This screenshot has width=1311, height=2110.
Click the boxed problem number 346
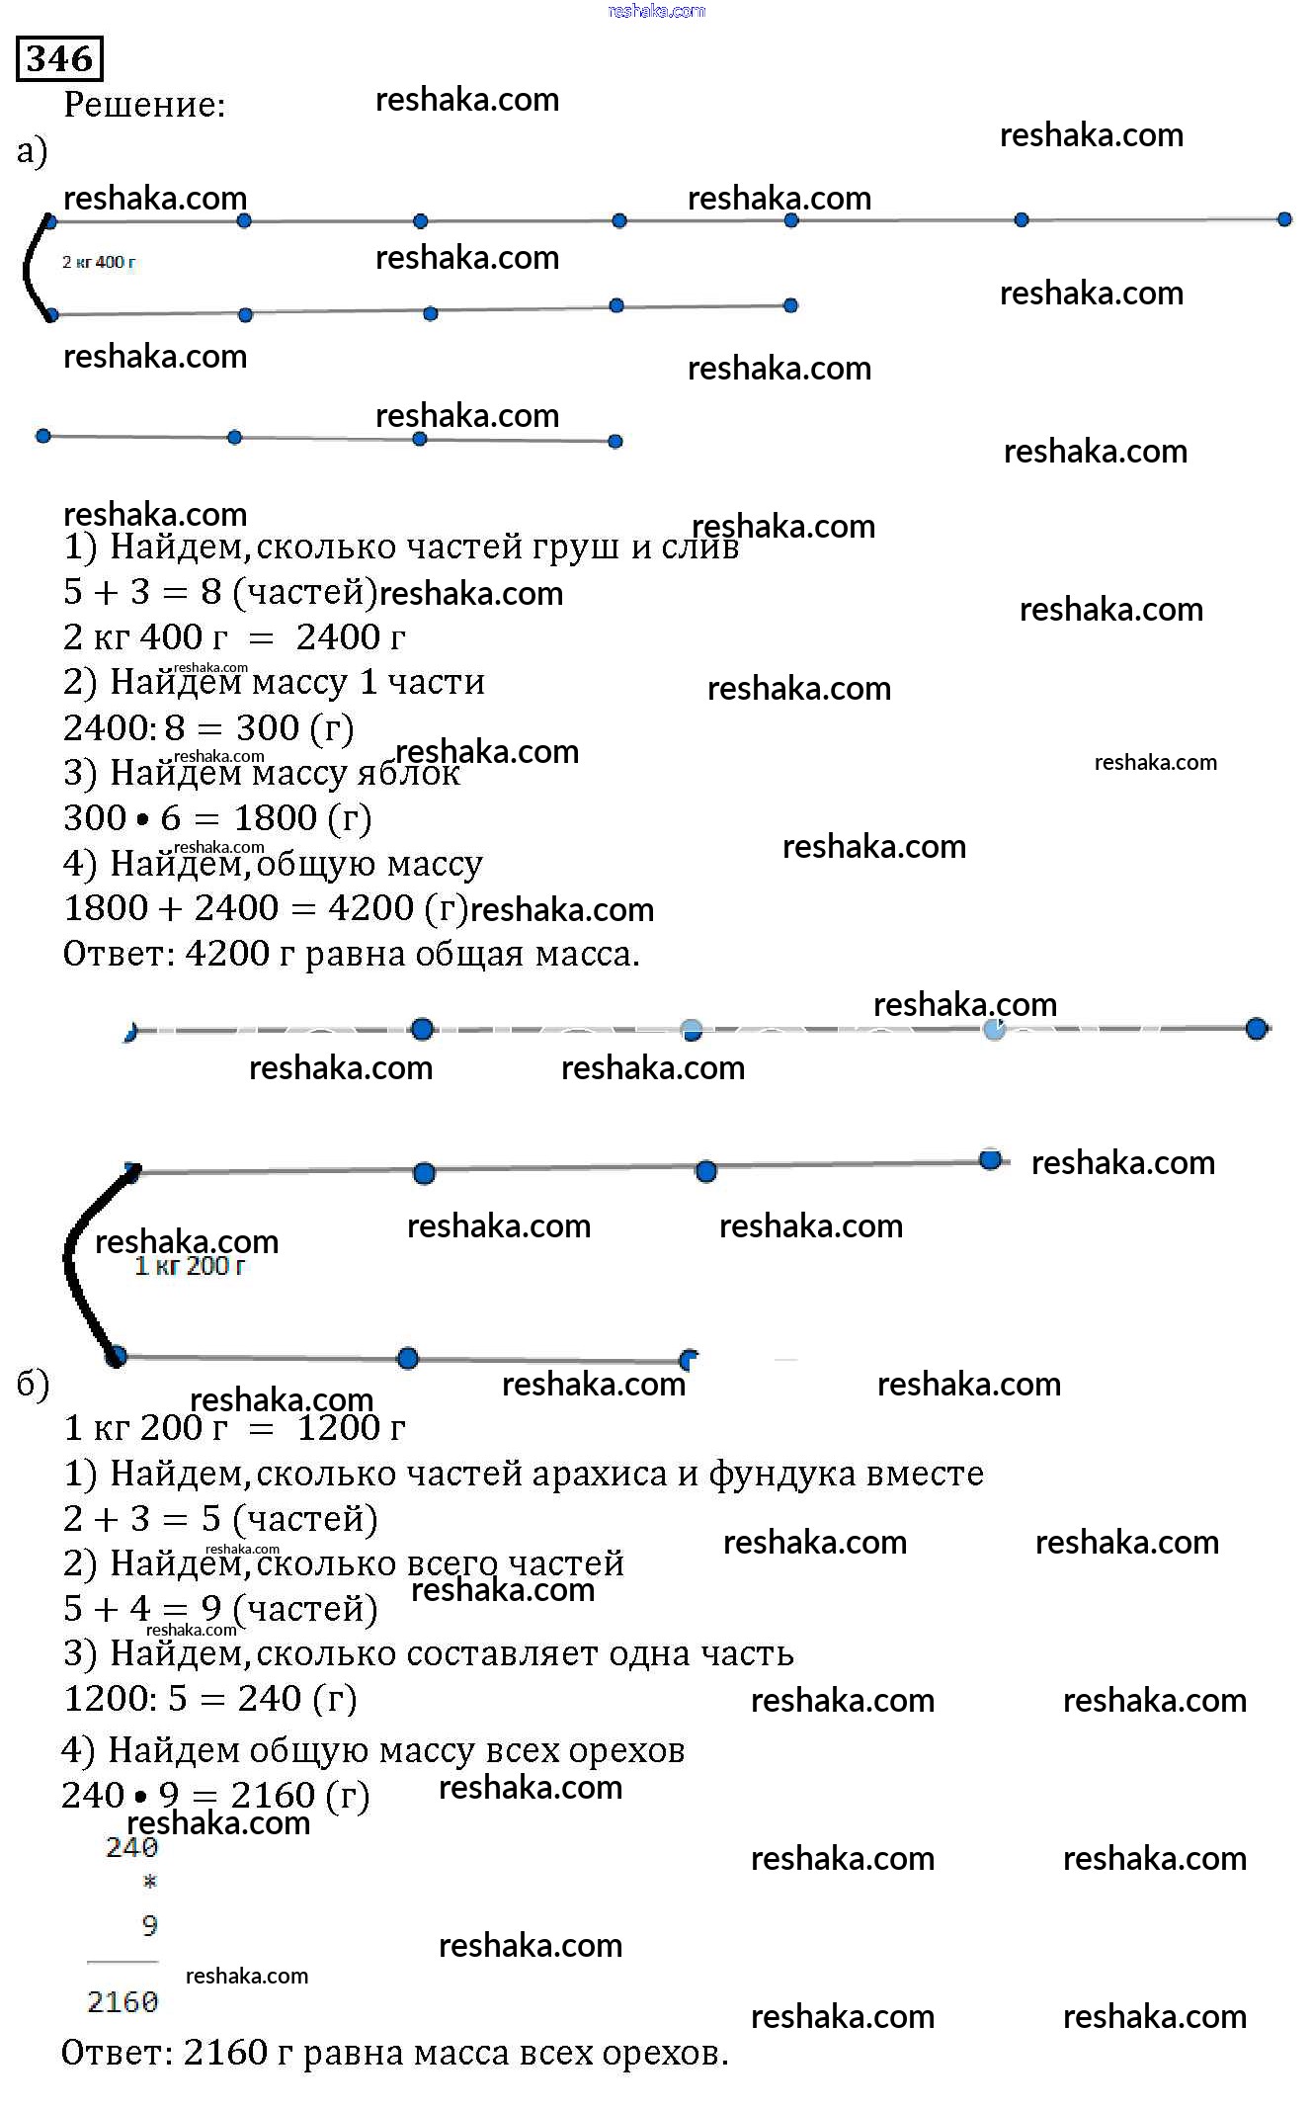(x=59, y=58)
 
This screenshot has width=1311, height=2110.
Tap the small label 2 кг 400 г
(x=99, y=262)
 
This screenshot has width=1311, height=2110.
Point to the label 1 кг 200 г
(x=190, y=1266)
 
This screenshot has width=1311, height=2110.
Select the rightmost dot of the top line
(x=1284, y=219)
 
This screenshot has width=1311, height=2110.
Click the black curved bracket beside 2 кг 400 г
(x=29, y=267)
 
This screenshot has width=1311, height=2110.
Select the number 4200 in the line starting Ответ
(x=227, y=954)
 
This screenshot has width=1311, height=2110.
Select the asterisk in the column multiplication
(x=150, y=1882)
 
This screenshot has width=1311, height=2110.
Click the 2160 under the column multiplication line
(x=123, y=2001)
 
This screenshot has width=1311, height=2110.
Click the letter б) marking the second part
(x=33, y=1385)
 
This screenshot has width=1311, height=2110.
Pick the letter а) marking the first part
(x=32, y=151)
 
